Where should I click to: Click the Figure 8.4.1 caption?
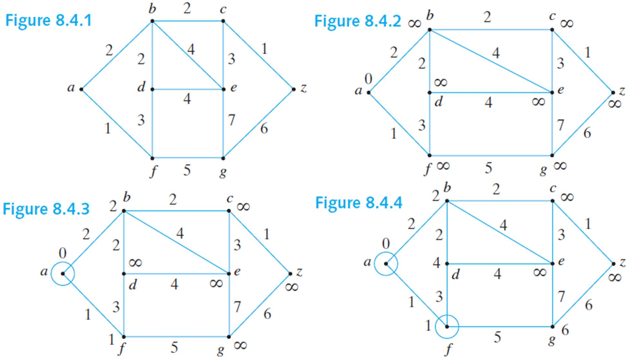pos(49,21)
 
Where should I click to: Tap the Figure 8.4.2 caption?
pos(358,22)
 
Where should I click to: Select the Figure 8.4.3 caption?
pos(46,209)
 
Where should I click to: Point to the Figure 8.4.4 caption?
pos(359,203)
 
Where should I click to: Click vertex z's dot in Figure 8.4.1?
pos(294,89)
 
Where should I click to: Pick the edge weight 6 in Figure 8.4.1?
pos(264,129)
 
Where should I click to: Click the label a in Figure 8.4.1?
pos(71,88)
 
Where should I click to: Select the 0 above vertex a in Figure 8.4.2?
pos(368,78)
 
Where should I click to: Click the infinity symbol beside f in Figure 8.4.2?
pos(443,166)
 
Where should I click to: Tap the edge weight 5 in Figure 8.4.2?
pos(488,168)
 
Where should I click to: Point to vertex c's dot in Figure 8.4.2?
pos(552,30)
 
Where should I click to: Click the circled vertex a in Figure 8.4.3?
pos(63,274)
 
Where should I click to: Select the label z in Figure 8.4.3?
pos(299,272)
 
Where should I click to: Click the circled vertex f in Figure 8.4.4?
pos(447,327)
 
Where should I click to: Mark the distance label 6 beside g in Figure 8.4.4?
pos(565,330)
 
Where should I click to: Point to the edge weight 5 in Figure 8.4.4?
pos(497,337)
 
